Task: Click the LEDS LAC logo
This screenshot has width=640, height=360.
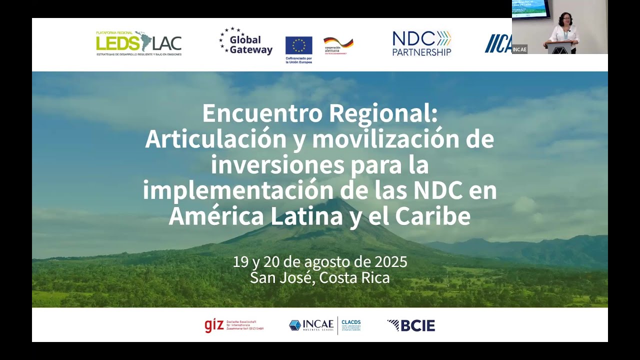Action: click(x=138, y=43)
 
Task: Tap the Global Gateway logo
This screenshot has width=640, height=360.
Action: click(x=246, y=42)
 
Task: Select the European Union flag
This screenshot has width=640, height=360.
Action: click(x=298, y=45)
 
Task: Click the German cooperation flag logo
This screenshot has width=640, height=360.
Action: click(x=338, y=43)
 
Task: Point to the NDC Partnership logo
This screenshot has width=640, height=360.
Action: click(x=421, y=43)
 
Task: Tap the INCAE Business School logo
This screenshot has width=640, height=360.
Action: click(x=311, y=325)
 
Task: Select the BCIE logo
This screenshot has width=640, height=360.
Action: click(x=411, y=325)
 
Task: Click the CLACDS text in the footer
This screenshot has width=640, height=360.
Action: click(x=351, y=322)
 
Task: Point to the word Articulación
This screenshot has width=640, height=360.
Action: click(x=215, y=139)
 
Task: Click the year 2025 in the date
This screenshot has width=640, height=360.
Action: click(x=390, y=261)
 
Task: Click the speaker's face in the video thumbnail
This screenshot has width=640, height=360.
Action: click(x=563, y=19)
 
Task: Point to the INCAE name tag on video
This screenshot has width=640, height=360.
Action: click(x=519, y=49)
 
